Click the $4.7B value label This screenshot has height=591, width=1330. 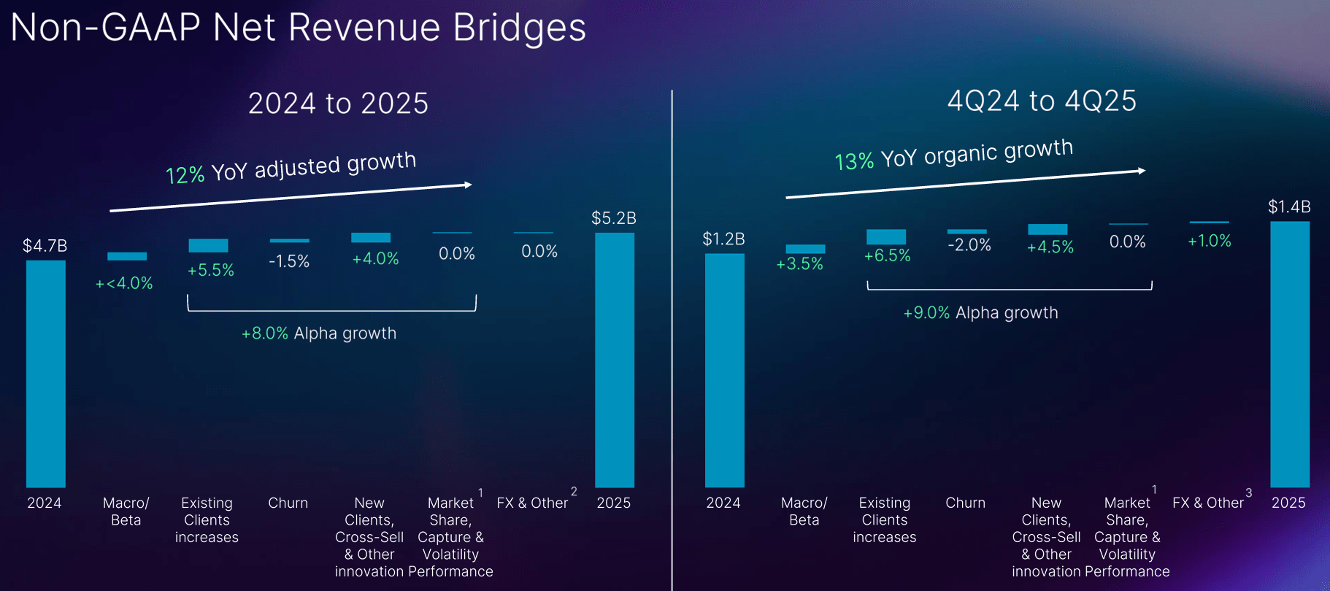pos(45,246)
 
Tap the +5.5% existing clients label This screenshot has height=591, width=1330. pos(210,271)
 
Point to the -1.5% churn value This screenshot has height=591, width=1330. pos(289,261)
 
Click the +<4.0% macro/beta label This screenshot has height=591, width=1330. pos(124,283)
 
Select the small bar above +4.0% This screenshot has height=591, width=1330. pos(371,238)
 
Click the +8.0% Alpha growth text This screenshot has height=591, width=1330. pos(318,333)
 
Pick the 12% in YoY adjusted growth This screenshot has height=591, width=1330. pos(185,175)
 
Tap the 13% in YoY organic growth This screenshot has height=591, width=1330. pos(853,161)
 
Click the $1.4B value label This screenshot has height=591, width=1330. pos(1288,207)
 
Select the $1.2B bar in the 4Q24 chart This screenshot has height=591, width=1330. pos(724,370)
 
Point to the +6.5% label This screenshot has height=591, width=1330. pos(887,256)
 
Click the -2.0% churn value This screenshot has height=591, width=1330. pos(969,245)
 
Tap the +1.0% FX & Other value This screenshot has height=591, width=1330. pos(1209,242)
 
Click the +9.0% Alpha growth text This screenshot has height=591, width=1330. pos(980,313)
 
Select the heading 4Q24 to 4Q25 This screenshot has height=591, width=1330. pos(1041,101)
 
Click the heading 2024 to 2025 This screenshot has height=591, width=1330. pos(338,103)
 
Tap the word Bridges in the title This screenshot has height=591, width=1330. pos(519,28)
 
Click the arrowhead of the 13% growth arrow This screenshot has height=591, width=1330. pos(1142,171)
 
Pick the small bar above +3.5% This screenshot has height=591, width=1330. pos(805,249)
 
